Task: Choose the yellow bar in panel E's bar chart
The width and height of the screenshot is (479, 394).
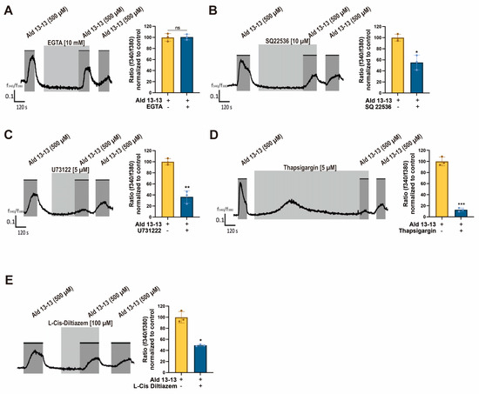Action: [x=182, y=345]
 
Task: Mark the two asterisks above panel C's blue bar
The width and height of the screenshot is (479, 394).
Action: [x=186, y=186]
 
